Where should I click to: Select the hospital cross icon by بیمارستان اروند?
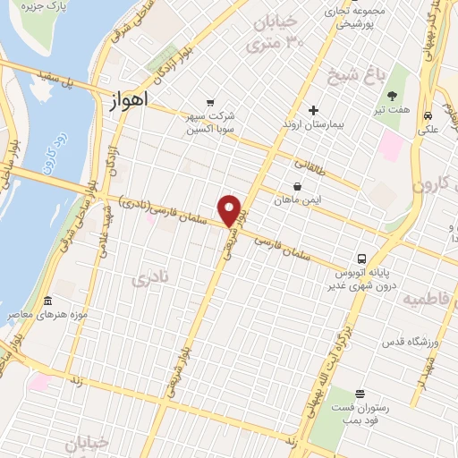click(313, 111)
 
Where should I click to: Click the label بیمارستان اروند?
click(313, 128)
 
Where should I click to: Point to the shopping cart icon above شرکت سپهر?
click(209, 102)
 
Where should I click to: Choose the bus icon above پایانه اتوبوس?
click(360, 255)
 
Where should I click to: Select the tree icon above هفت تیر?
click(392, 95)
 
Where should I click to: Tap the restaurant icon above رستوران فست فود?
click(360, 394)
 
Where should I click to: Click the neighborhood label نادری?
click(149, 279)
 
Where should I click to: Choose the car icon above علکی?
click(428, 115)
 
